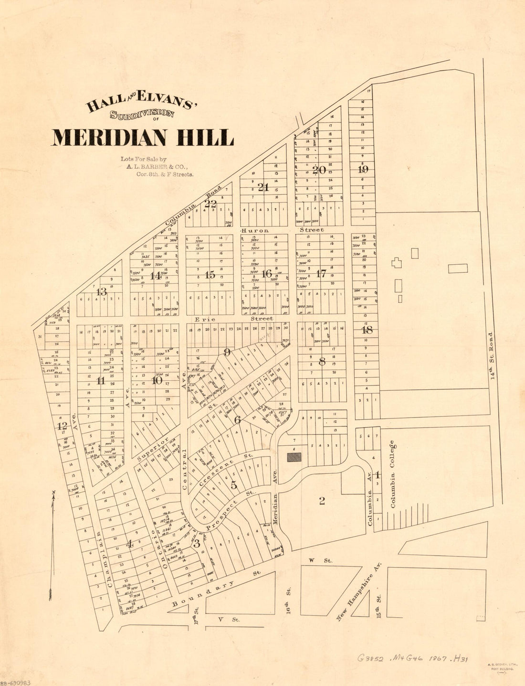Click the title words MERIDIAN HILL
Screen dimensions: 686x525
pyautogui.click(x=142, y=138)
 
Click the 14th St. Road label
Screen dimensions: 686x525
pyautogui.click(x=492, y=356)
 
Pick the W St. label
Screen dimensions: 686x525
pyautogui.click(x=313, y=559)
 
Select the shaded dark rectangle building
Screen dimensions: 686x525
pyautogui.click(x=294, y=457)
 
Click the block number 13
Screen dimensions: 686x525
pyautogui.click(x=101, y=291)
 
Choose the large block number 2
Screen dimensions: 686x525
pyautogui.click(x=322, y=501)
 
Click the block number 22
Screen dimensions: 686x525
pyautogui.click(x=210, y=204)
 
